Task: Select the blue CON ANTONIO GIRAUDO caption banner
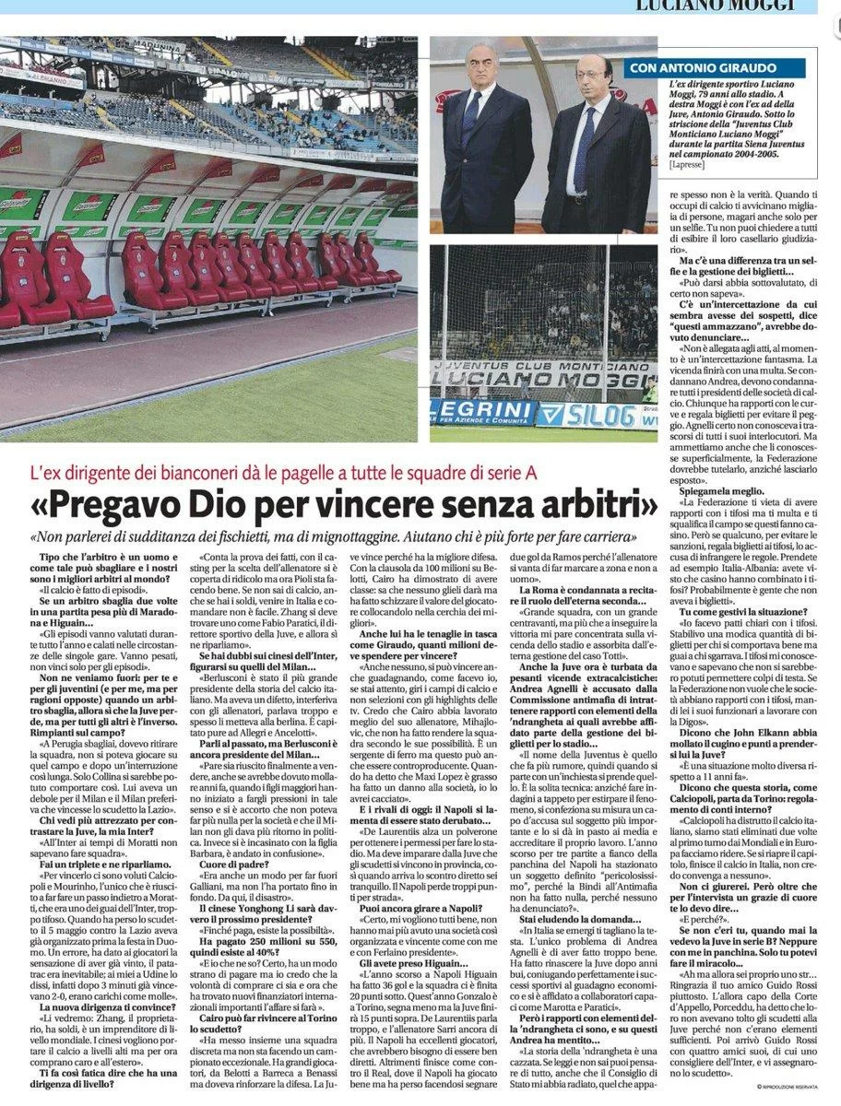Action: point(715,68)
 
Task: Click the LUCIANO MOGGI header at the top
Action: point(717,6)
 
